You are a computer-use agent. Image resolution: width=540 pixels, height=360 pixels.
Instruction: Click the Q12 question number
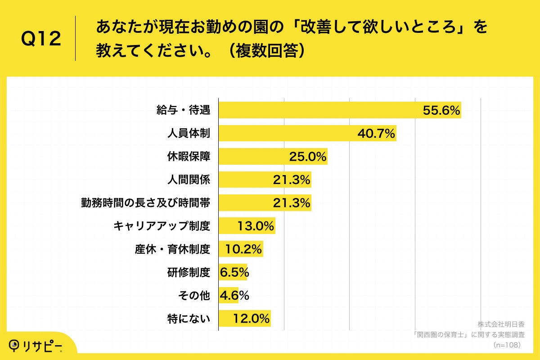pyautogui.click(x=41, y=39)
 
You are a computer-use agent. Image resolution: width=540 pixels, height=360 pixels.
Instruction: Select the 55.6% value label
pyautogui.click(x=441, y=110)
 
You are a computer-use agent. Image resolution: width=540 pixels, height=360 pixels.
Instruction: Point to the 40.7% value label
pyautogui.click(x=376, y=134)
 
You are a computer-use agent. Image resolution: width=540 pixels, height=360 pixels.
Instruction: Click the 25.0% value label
pyautogui.click(x=307, y=157)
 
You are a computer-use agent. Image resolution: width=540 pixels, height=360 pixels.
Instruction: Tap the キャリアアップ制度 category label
pyautogui.click(x=162, y=226)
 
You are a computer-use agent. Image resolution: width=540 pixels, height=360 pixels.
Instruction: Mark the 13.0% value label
pyautogui.click(x=256, y=226)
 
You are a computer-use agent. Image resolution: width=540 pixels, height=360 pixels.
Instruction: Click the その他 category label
pyautogui.click(x=194, y=296)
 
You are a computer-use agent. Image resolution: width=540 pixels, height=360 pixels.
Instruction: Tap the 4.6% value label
pyautogui.click(x=234, y=296)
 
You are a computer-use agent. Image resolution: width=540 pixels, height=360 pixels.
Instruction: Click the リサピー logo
pyautogui.click(x=36, y=345)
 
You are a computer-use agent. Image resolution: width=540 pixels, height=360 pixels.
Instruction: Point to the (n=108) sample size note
pyautogui.click(x=507, y=345)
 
